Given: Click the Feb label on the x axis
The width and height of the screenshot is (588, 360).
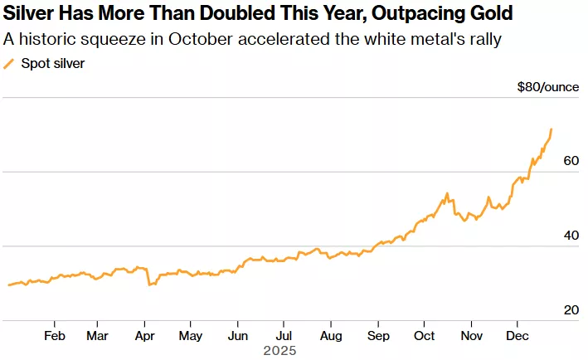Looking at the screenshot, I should [54, 335].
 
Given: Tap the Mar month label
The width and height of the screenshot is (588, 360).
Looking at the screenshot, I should [97, 335].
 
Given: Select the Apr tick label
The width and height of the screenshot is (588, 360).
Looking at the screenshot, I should [144, 335].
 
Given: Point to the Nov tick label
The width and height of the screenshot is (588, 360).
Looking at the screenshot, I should [471, 335].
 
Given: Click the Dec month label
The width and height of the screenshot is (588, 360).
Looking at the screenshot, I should [518, 335].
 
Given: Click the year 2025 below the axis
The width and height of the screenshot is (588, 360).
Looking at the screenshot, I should [279, 351].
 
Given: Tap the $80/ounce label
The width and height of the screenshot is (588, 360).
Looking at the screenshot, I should [547, 86].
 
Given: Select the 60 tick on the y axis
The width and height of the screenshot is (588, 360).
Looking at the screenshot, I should [571, 161].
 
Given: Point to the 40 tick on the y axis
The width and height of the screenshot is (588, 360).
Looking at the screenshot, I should [571, 236].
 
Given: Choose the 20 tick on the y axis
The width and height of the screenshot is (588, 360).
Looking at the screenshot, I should [571, 310].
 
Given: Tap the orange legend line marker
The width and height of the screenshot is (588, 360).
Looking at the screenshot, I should [9, 63].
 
